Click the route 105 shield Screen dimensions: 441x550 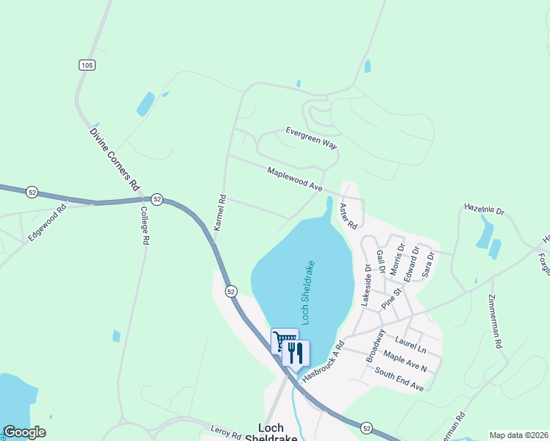pyautogui.click(x=87, y=65)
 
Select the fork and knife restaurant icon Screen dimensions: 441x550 pyautogui.click(x=296, y=352)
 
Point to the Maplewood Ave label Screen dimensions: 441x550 pyautogui.click(x=295, y=179)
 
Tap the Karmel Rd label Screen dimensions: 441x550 pyautogui.click(x=219, y=213)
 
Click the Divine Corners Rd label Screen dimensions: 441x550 pyautogui.click(x=115, y=159)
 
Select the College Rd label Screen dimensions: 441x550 pyautogui.click(x=145, y=224)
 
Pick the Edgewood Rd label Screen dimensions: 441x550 pyautogui.click(x=47, y=223)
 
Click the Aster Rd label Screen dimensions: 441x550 pyautogui.click(x=347, y=215)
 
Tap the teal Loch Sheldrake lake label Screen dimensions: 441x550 pyautogui.click(x=308, y=291)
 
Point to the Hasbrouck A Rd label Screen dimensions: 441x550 pyautogui.click(x=322, y=361)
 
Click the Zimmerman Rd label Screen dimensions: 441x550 pyautogui.click(x=494, y=321)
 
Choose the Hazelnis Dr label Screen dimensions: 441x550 pyautogui.click(x=485, y=210)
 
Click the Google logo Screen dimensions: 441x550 pyautogui.click(x=24, y=432)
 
